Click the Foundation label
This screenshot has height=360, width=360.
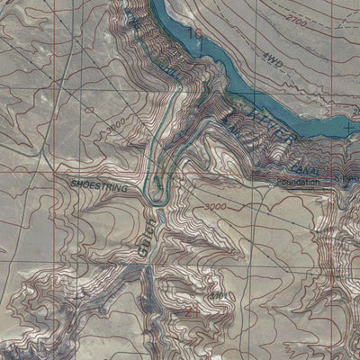pos(299,180)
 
